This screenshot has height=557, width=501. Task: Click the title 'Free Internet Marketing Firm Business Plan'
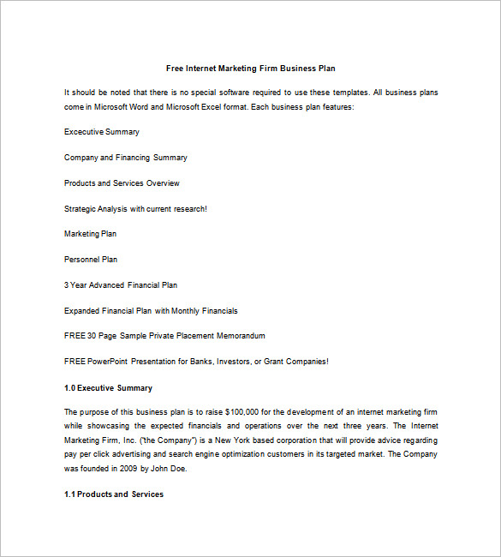[x=256, y=68]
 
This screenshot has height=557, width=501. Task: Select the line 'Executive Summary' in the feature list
[x=102, y=132]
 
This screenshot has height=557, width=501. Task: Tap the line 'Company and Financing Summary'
[x=126, y=158]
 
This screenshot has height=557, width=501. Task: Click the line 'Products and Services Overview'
[x=122, y=183]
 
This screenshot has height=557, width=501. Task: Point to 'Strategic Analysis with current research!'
[x=135, y=208]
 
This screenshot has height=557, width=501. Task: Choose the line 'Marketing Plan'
[x=91, y=234]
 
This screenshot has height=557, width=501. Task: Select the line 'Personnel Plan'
[x=91, y=260]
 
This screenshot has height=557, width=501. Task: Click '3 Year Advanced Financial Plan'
[x=121, y=284]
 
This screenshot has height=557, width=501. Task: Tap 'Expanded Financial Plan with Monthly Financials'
[x=151, y=310]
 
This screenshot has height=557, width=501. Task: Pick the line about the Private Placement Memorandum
[x=164, y=336]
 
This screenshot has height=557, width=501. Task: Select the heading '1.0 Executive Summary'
[x=108, y=388]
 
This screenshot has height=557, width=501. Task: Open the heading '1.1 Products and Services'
[x=114, y=494]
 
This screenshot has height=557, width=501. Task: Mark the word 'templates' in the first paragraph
[x=350, y=92]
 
